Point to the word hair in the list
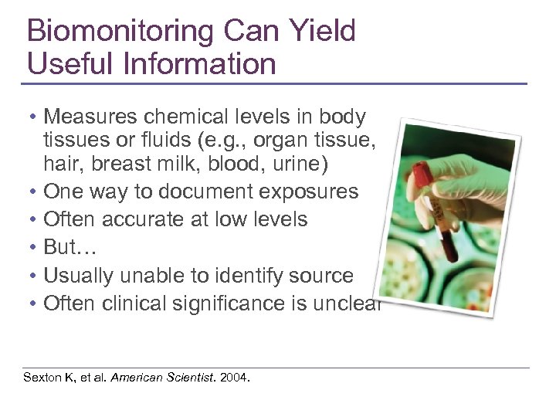(61, 164)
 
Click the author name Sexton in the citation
(42, 378)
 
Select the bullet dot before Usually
(33, 275)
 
